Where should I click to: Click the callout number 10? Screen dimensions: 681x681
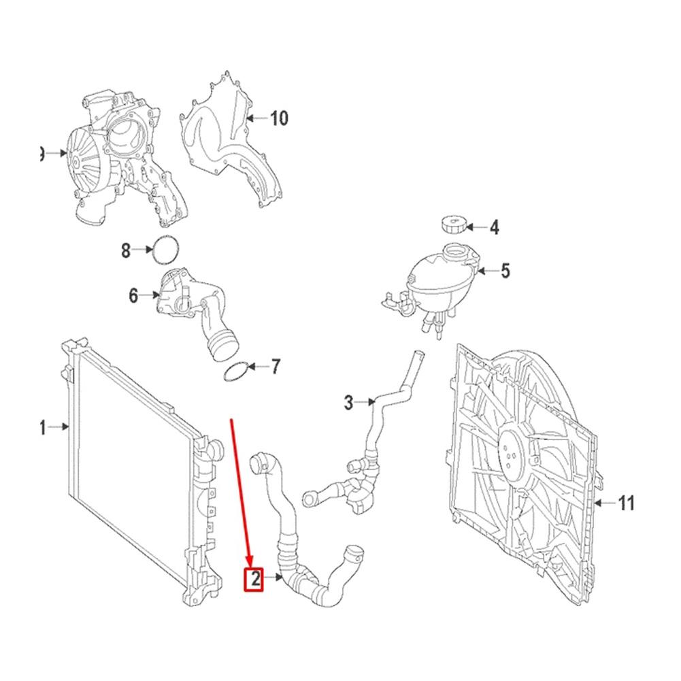point(279,118)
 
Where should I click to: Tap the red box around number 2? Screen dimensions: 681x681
point(254,579)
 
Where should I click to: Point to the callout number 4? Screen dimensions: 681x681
point(495,228)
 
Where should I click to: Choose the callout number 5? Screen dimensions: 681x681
point(505,271)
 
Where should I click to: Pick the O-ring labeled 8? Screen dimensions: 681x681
point(165,250)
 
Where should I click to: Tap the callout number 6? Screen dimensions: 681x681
point(133,296)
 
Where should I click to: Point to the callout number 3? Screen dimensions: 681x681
point(348,403)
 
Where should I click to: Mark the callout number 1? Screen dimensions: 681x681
point(42,427)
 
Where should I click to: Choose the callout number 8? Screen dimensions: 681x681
point(126,251)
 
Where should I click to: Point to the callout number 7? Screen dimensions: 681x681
point(275,367)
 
